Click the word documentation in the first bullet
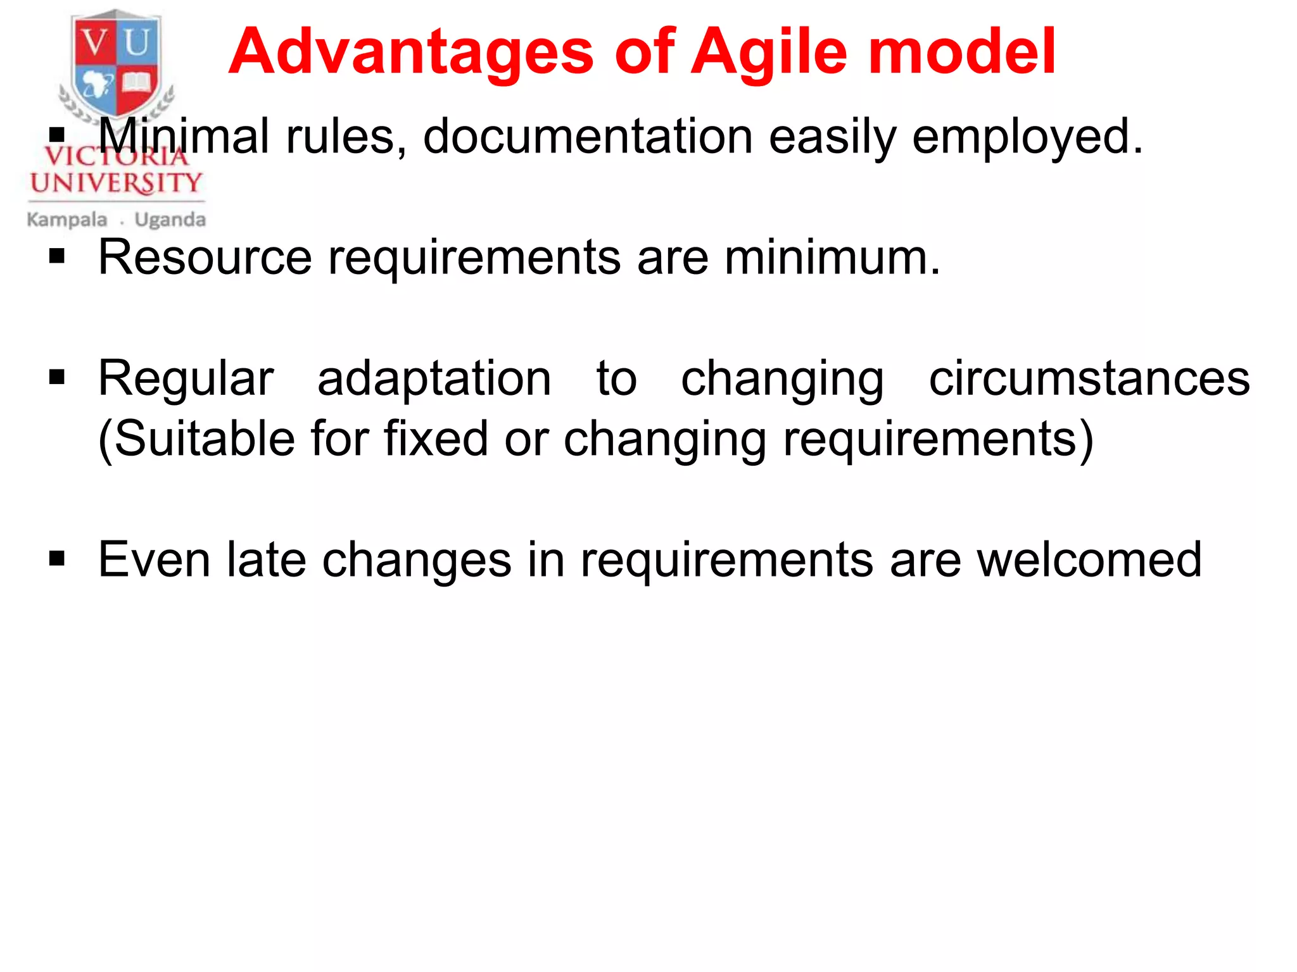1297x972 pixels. [x=587, y=137]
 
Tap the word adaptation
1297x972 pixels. [x=434, y=378]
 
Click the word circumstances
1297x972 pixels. [x=1089, y=378]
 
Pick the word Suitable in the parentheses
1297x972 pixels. [x=203, y=439]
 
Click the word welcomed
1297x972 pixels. [x=1089, y=559]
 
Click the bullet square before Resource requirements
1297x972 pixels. [x=57, y=256]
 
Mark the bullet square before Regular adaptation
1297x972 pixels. [x=57, y=378]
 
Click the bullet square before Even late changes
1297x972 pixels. [x=57, y=559]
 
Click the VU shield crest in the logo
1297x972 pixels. [x=116, y=63]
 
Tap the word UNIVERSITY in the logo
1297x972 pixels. [x=116, y=184]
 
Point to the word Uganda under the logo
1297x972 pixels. [x=170, y=220]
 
